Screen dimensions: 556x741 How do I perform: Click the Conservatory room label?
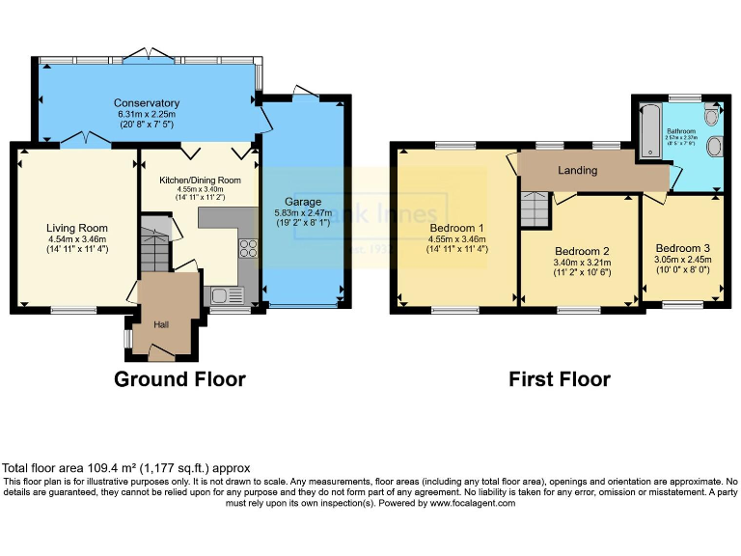[x=147, y=103]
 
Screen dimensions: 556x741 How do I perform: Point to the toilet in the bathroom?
[x=712, y=117]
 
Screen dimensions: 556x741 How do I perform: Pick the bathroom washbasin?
[x=715, y=148]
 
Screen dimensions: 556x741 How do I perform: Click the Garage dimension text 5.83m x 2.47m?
[x=303, y=213]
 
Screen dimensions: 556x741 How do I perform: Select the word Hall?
[x=162, y=324]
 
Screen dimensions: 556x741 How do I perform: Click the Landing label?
[x=578, y=171]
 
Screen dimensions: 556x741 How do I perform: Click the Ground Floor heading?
[x=179, y=379]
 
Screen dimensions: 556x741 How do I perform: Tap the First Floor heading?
[x=560, y=379]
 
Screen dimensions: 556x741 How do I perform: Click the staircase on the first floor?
[x=534, y=208]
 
